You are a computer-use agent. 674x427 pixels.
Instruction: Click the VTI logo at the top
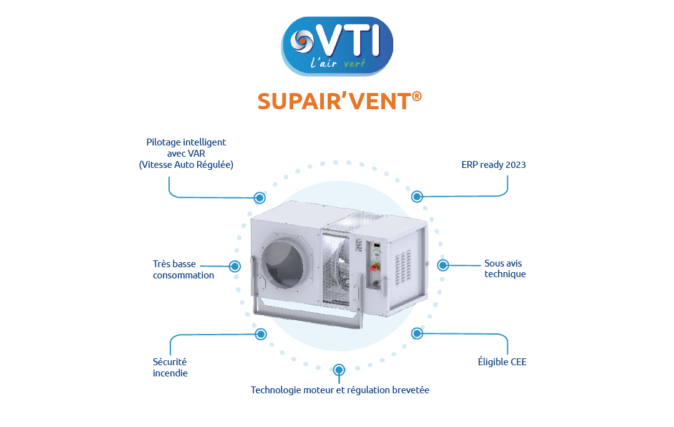tap(337, 46)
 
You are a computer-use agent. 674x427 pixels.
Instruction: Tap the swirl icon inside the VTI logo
tap(303, 41)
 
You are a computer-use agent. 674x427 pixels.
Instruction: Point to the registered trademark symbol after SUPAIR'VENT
tap(416, 96)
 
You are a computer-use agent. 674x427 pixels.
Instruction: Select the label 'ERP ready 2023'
tap(494, 165)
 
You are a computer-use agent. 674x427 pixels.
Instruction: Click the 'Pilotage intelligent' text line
tap(186, 142)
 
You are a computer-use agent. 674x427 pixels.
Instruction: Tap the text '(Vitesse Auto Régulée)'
tap(186, 165)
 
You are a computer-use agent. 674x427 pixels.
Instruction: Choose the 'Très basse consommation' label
tap(183, 270)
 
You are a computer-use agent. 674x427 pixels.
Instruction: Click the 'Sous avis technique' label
tap(505, 269)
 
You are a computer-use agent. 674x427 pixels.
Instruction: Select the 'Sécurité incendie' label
tap(170, 367)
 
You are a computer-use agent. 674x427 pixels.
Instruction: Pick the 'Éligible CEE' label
tap(502, 361)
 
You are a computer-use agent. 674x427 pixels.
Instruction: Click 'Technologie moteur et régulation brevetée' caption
tap(340, 390)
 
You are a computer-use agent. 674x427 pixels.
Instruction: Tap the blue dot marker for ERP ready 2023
tap(417, 197)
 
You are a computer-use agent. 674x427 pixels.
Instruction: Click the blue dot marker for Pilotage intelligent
tap(259, 197)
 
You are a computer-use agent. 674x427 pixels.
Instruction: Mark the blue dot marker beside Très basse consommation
tap(235, 266)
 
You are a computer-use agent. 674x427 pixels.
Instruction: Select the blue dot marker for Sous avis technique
tap(443, 265)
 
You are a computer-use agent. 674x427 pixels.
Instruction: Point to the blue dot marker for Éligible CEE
tap(417, 333)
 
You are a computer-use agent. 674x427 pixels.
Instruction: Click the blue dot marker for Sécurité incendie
tap(260, 334)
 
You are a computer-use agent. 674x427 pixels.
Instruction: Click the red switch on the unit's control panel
tap(375, 267)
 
